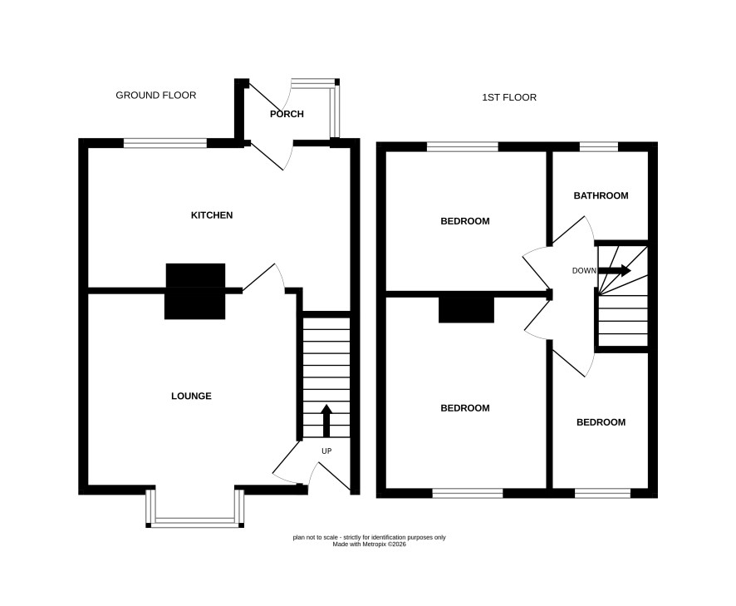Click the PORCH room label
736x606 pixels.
click(x=287, y=114)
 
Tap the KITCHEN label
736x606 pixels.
click(x=212, y=215)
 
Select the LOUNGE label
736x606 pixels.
click(x=191, y=396)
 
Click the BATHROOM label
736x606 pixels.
click(x=601, y=195)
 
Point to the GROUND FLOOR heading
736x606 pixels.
click(x=156, y=96)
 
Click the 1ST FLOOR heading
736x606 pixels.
click(x=509, y=97)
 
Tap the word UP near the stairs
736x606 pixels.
click(x=326, y=451)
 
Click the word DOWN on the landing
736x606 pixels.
click(x=584, y=271)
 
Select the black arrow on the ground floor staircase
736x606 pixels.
click(x=326, y=421)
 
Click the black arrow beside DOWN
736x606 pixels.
click(x=615, y=270)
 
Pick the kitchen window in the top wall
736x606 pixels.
click(x=165, y=143)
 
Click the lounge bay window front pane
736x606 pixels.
click(x=194, y=521)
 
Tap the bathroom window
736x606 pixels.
click(x=599, y=146)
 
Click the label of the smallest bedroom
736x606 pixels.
click(x=601, y=422)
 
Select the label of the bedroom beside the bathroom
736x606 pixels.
click(x=464, y=221)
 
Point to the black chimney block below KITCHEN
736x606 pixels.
click(x=195, y=291)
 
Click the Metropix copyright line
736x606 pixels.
click(x=369, y=544)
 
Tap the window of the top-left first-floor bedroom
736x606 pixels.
click(x=463, y=146)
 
